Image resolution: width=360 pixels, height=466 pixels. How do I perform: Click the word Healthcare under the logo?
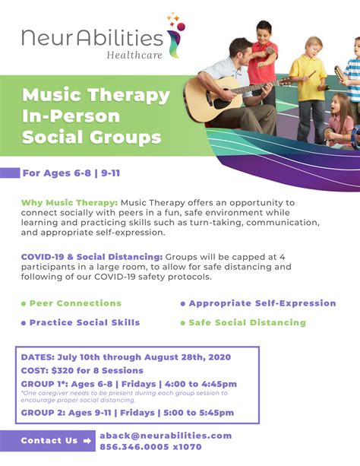pyautogui.click(x=134, y=55)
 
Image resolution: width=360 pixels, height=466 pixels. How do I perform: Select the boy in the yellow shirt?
pyautogui.click(x=308, y=89)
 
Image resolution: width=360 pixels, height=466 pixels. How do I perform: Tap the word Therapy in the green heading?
pyautogui.click(x=129, y=96)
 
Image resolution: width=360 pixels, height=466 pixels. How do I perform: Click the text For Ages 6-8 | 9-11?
pyautogui.click(x=71, y=173)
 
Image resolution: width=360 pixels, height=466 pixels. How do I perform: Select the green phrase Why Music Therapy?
pyautogui.click(x=70, y=203)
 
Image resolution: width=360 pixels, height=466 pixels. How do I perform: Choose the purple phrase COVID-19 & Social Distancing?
pyautogui.click(x=92, y=257)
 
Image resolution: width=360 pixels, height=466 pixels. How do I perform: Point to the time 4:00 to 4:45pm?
pyautogui.click(x=201, y=384)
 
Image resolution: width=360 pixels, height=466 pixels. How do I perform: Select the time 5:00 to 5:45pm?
pyautogui.click(x=199, y=413)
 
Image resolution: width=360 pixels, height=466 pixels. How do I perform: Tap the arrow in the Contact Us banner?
pyautogui.click(x=87, y=441)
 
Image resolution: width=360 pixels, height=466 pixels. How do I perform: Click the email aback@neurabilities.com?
pyautogui.click(x=166, y=436)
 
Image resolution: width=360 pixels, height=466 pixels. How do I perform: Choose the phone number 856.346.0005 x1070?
pyautogui.click(x=150, y=447)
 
